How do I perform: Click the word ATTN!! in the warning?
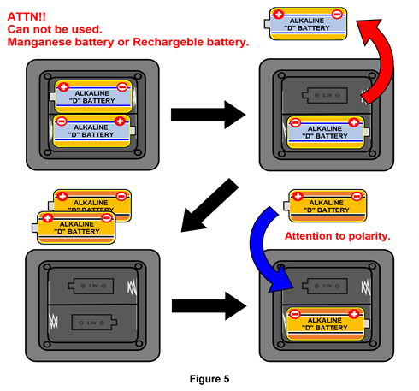click(27, 15)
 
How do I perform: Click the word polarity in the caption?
click(368, 235)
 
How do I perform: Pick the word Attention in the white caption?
click(311, 235)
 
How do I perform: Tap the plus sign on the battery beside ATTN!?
click(278, 15)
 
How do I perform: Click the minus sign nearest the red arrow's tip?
click(337, 15)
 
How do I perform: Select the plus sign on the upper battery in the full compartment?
click(62, 86)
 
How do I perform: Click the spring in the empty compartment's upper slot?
click(130, 286)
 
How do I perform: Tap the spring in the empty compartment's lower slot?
click(55, 322)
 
